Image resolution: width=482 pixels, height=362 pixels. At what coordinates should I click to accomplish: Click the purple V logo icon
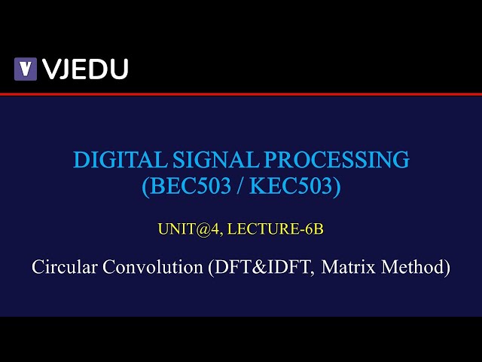[x=26, y=69]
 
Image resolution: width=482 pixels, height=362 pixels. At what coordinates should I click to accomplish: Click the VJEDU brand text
[x=84, y=69]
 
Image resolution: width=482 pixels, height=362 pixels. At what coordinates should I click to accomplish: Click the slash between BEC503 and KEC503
[x=238, y=186]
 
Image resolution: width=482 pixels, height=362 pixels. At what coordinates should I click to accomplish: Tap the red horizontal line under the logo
[x=241, y=94]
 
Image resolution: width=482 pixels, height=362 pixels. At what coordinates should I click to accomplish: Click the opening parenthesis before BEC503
[x=145, y=186]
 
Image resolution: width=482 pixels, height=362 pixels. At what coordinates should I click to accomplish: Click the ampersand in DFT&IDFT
[x=258, y=267]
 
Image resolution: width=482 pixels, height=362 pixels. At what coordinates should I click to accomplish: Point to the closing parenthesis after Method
[x=448, y=267]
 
